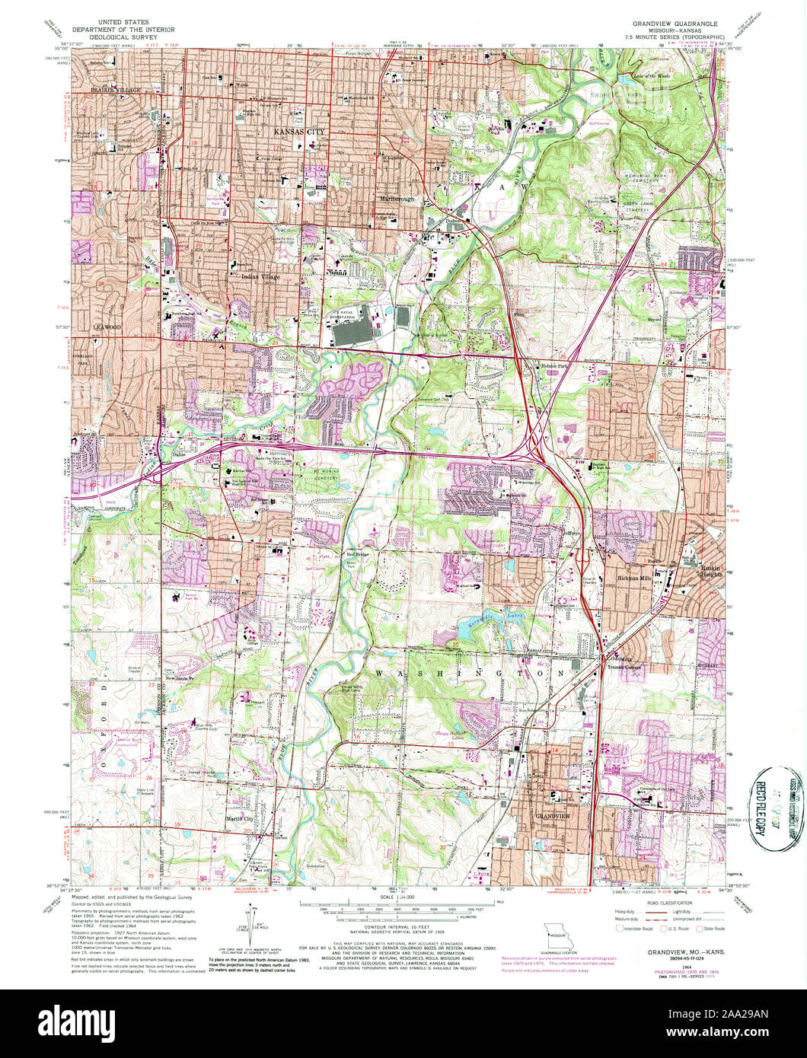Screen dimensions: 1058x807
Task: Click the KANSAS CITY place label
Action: (x=294, y=132)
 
